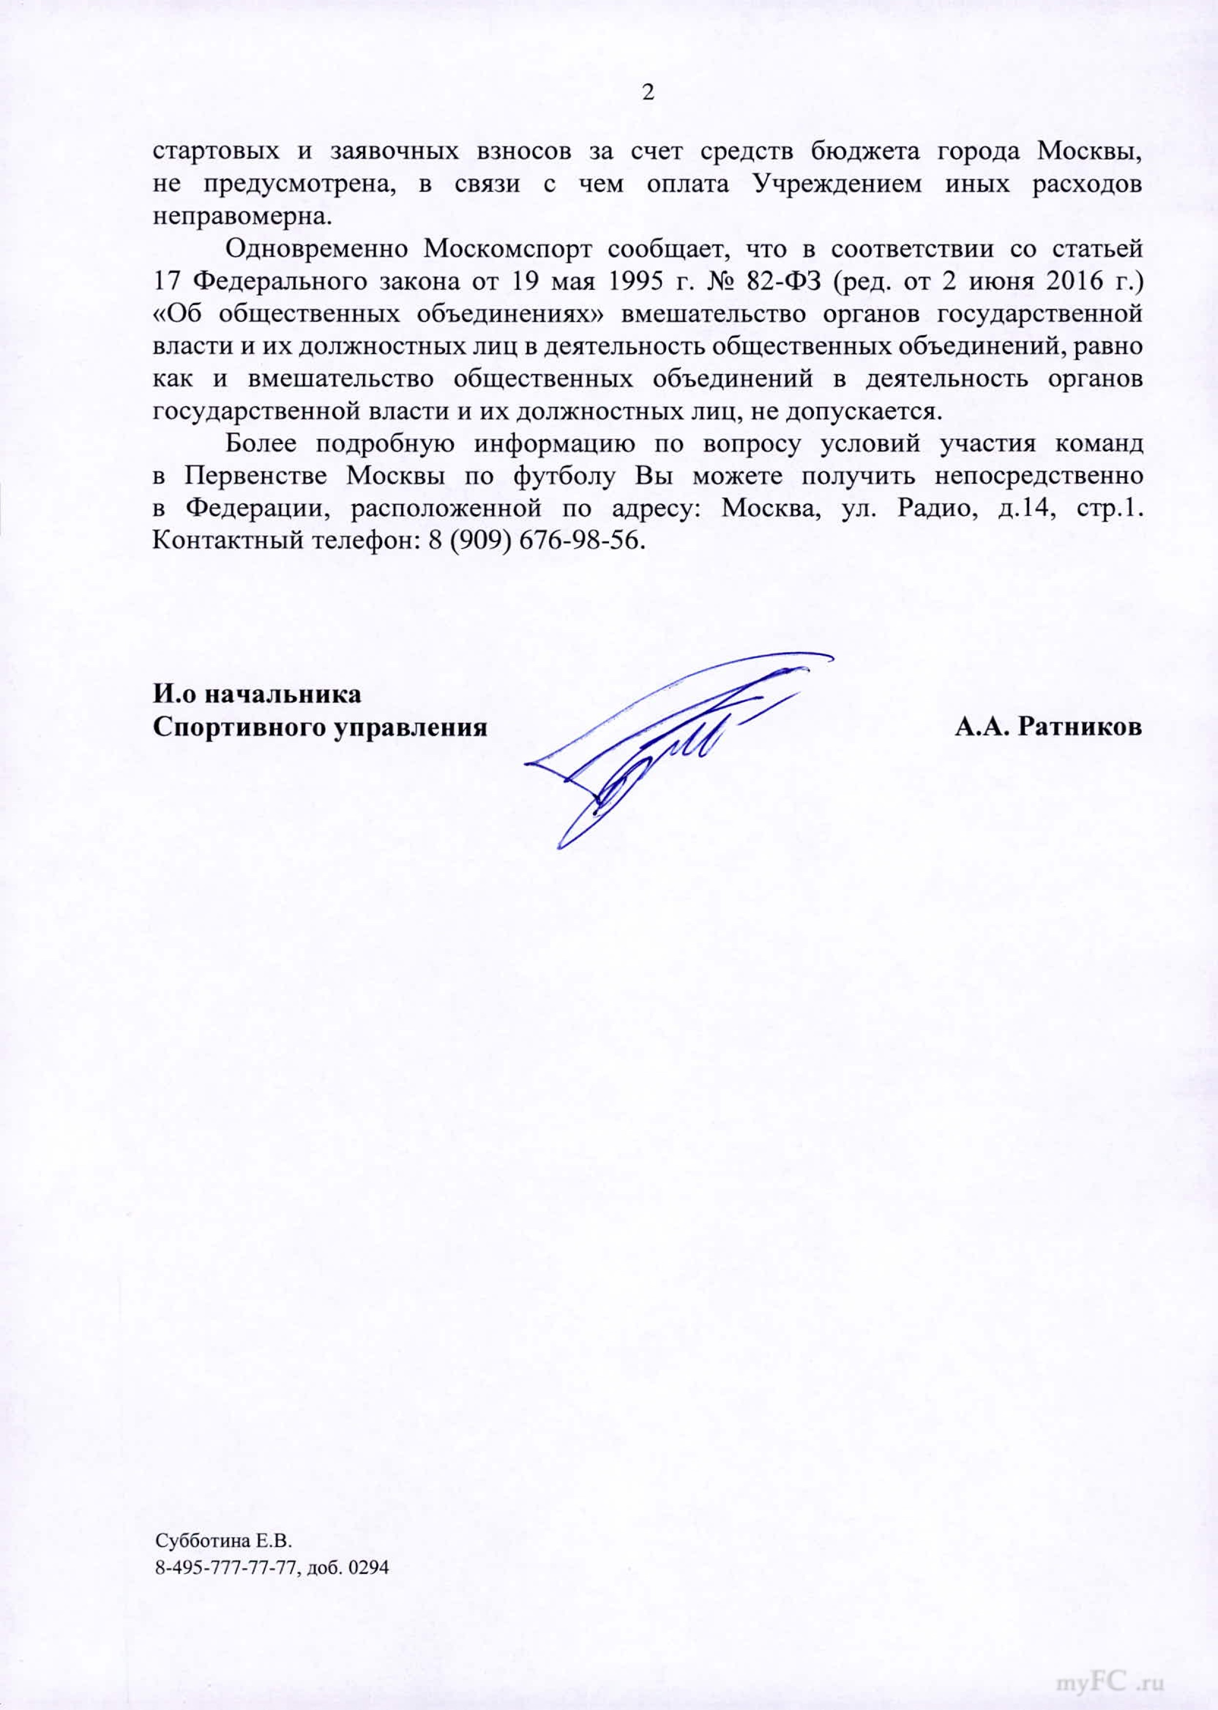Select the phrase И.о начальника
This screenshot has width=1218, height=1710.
(257, 693)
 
